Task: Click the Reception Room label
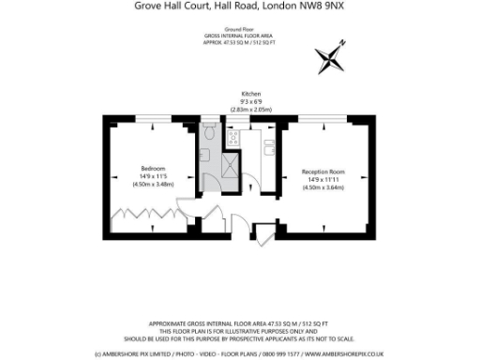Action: [323, 172]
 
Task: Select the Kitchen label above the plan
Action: [250, 95]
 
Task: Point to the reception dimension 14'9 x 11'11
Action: [323, 180]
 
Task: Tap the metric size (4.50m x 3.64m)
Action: [323, 187]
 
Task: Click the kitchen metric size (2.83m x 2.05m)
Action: [250, 110]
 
